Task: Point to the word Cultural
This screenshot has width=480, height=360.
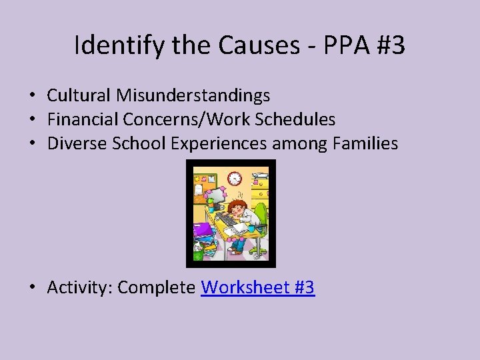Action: [x=79, y=96]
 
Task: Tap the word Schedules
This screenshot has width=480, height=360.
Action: [x=298, y=120]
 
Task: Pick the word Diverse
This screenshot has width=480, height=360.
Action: [x=74, y=144]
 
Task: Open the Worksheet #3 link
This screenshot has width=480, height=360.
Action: [x=258, y=288]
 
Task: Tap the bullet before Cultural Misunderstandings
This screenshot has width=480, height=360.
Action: [x=33, y=96]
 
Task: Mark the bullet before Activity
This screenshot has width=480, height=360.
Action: [x=33, y=288]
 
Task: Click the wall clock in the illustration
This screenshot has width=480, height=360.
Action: [x=234, y=179]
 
